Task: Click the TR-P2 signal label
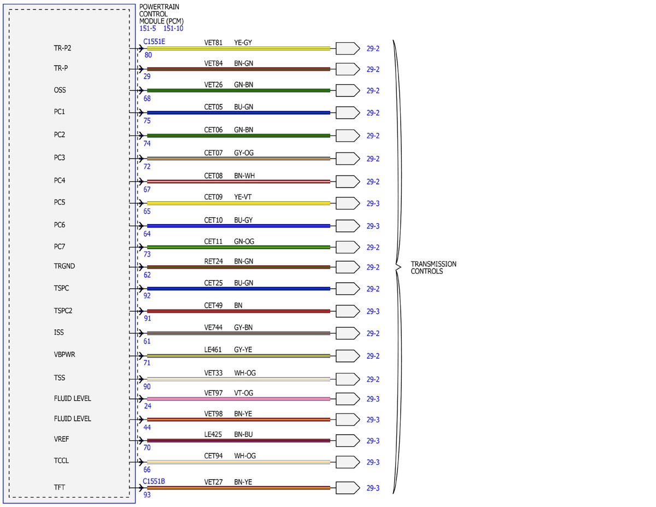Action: (62, 48)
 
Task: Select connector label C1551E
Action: (154, 42)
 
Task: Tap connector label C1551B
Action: (154, 481)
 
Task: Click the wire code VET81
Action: (213, 43)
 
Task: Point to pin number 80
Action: (148, 55)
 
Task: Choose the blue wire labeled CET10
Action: (238, 226)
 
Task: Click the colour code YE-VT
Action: (243, 197)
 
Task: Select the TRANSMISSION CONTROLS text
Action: (433, 267)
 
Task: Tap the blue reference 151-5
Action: (148, 28)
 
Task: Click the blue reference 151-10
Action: (173, 28)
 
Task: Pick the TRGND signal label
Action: (65, 266)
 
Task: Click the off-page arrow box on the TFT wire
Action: (348, 488)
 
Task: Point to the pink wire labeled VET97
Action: (238, 399)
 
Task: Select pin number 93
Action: (147, 494)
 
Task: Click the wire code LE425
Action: (213, 434)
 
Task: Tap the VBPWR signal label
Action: (65, 354)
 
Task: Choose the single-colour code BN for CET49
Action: (238, 305)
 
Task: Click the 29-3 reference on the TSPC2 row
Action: (373, 311)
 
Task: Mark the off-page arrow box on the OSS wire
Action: (348, 91)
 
